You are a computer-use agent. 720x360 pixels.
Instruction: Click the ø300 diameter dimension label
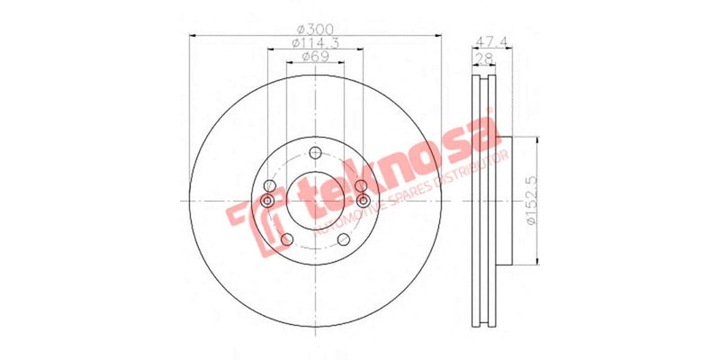316,28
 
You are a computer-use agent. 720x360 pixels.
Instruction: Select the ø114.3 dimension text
316,42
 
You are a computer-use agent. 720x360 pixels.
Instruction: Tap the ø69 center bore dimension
314,57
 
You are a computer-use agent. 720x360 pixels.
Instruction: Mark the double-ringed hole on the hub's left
269,199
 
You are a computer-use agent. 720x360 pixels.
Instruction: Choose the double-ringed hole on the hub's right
362,199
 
